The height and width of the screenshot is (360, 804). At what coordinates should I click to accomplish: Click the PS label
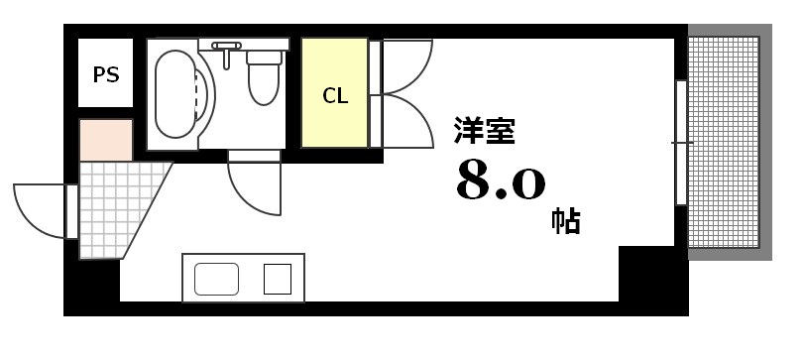coord(106,74)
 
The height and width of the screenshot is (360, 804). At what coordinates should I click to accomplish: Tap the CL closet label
coord(335,96)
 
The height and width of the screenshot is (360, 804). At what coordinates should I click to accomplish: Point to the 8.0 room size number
coord(501,180)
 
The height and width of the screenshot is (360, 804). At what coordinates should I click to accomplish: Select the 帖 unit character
coord(565,220)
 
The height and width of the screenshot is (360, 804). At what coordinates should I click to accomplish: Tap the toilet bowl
coord(264,80)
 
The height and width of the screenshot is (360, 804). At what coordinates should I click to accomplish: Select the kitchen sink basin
coord(216,278)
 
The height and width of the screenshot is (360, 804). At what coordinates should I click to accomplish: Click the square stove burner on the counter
coord(277,278)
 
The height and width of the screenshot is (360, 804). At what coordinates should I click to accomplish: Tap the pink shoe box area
coord(106,140)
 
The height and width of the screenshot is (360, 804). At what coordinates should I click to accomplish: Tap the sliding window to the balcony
coord(681,143)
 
